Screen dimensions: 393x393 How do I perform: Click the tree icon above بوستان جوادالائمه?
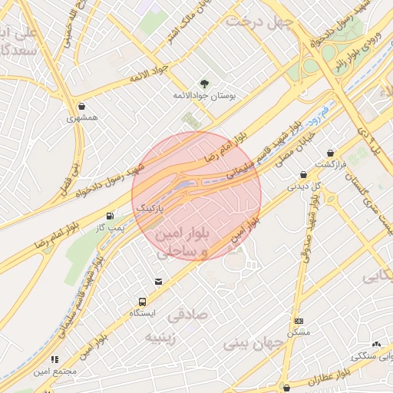click(x=204, y=82)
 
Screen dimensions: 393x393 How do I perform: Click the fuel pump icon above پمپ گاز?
click(x=111, y=216)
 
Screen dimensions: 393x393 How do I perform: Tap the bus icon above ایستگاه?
click(x=142, y=302)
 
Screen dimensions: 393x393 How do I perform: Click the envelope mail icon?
click(x=159, y=282)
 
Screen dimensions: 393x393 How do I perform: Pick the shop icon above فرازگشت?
click(x=331, y=153)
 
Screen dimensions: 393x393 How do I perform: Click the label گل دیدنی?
click(x=299, y=186)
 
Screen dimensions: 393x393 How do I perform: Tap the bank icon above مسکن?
click(x=299, y=321)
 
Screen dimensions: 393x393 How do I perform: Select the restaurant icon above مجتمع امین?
click(x=54, y=358)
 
